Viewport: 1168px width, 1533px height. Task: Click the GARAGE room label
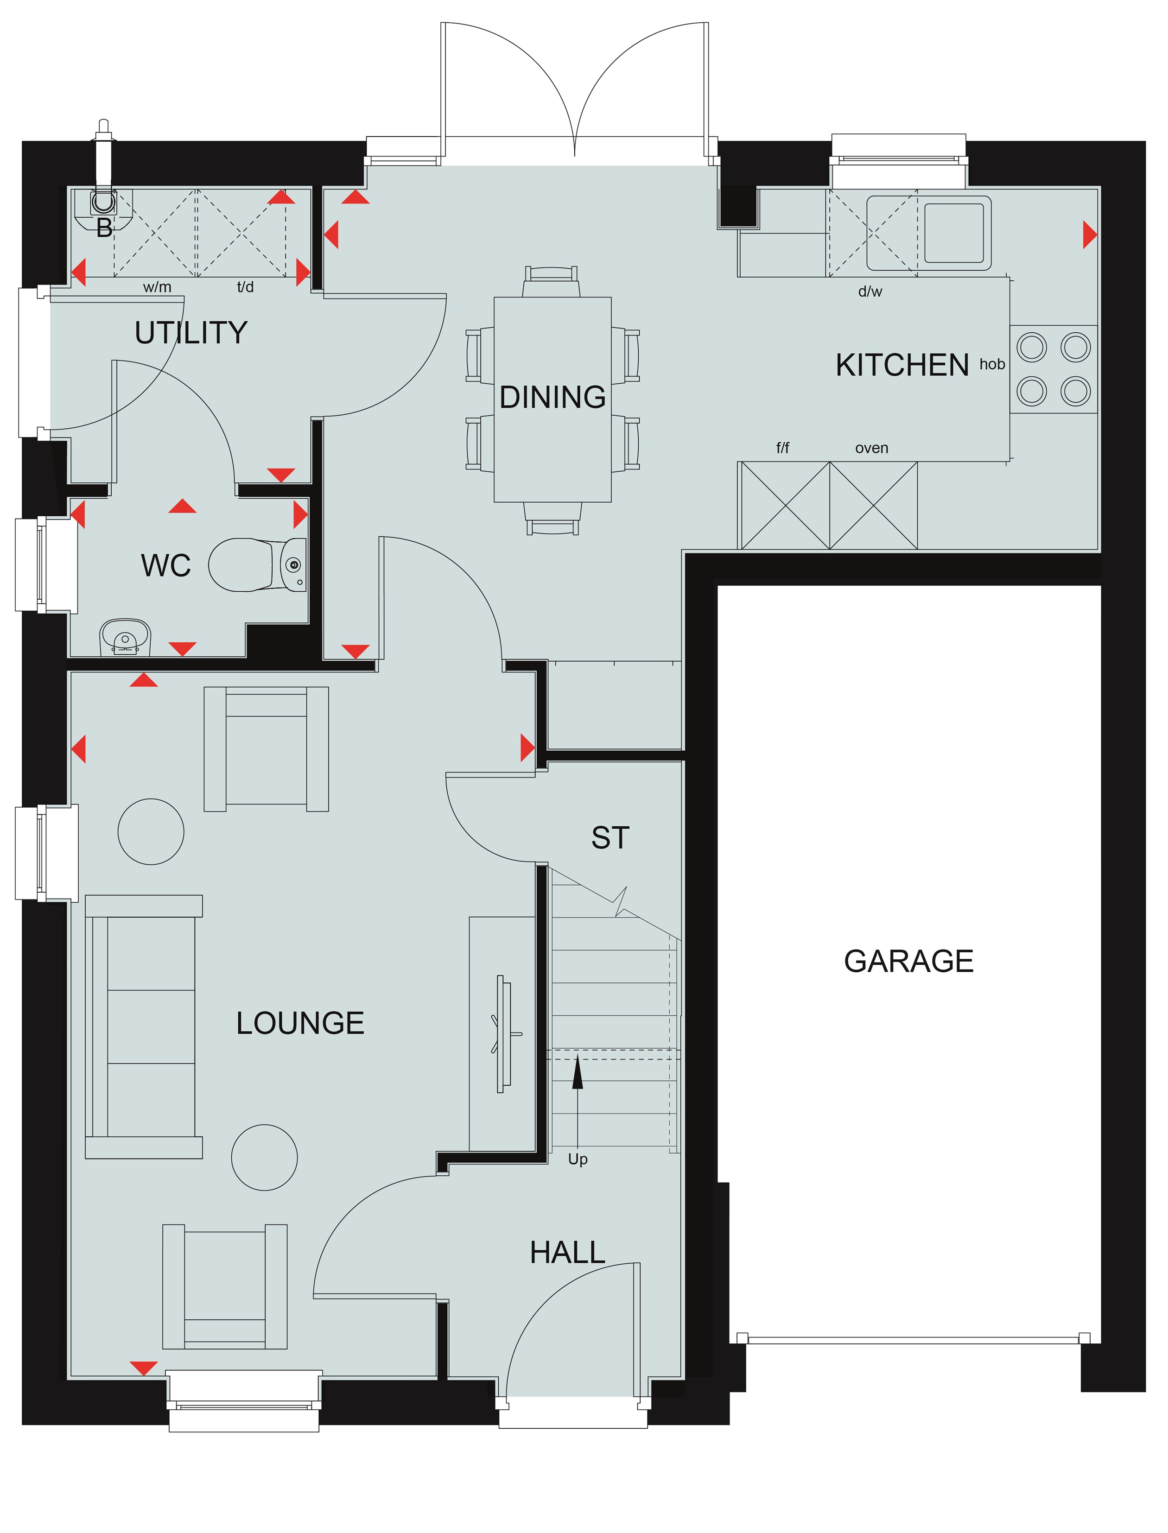pos(908,962)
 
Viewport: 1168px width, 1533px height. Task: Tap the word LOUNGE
pos(300,1023)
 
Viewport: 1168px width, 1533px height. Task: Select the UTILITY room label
pos(191,333)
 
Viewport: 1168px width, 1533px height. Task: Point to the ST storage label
pos(610,838)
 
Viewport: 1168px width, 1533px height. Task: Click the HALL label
pos(567,1253)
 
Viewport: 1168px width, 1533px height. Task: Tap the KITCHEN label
pos(902,366)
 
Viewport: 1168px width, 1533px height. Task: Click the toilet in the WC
pos(257,564)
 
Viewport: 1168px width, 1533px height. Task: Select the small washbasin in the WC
pos(125,638)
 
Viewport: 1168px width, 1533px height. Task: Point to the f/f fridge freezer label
pos(783,449)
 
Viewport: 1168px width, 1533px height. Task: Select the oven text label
pos(872,449)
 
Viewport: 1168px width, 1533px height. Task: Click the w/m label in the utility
pos(157,287)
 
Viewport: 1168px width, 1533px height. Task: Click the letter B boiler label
pos(104,228)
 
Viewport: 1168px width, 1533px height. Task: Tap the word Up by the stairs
pos(578,1159)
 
